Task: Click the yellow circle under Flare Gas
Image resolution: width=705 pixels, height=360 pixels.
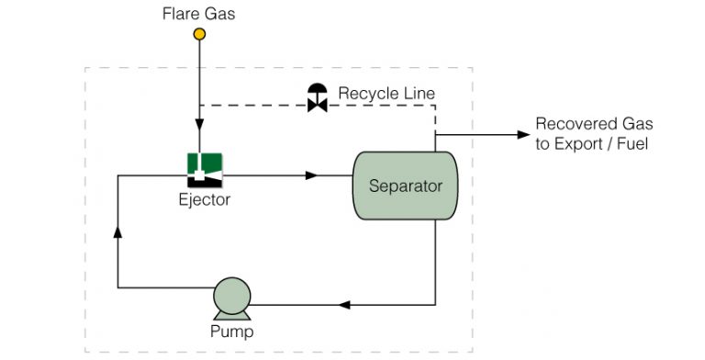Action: tap(198, 35)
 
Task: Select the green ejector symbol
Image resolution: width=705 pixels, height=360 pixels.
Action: tap(205, 167)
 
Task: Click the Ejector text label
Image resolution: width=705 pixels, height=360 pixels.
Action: tap(205, 199)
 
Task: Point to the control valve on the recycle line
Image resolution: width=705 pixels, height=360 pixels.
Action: tap(318, 98)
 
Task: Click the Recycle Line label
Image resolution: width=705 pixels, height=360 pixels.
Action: tap(386, 94)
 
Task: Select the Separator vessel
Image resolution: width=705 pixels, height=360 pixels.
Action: tap(405, 186)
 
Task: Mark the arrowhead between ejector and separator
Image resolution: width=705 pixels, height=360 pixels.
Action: tap(312, 174)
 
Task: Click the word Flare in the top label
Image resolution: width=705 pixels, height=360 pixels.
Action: tap(177, 14)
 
